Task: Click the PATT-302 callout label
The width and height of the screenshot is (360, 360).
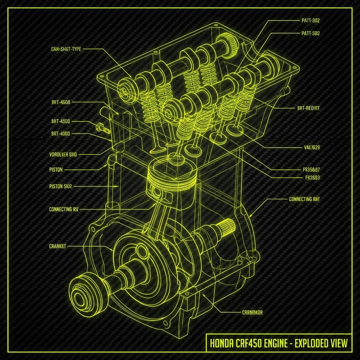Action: click(310, 20)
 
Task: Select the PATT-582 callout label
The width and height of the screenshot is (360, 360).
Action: click(310, 33)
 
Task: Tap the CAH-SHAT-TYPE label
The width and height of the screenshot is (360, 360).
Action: click(66, 49)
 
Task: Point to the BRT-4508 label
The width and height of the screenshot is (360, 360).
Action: click(60, 102)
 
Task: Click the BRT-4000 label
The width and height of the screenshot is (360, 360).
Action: click(60, 134)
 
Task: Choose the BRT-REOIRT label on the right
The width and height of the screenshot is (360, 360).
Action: click(306, 109)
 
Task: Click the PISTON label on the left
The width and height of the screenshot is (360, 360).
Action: click(56, 169)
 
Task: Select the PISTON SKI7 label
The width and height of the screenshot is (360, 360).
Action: click(61, 186)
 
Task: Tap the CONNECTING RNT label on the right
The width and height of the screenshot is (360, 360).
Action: click(304, 199)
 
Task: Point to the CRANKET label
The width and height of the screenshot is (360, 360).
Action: click(58, 246)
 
